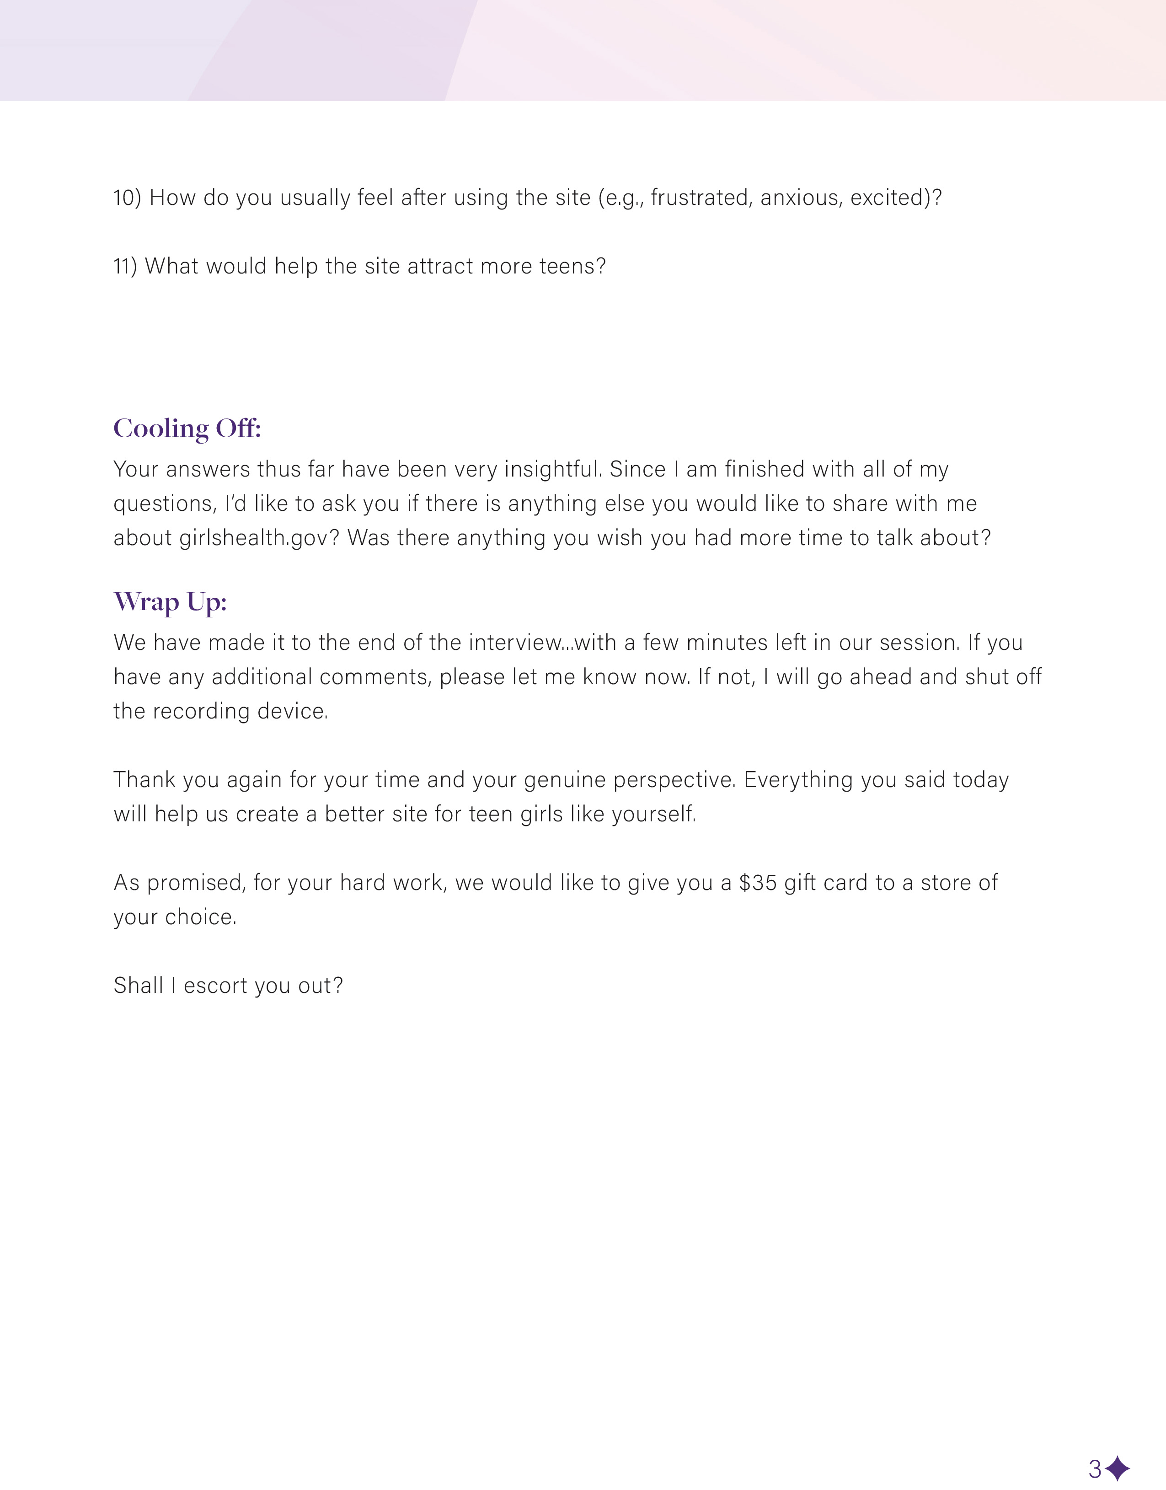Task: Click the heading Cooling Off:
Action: point(187,429)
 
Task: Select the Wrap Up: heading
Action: point(170,602)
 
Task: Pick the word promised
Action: point(196,883)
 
